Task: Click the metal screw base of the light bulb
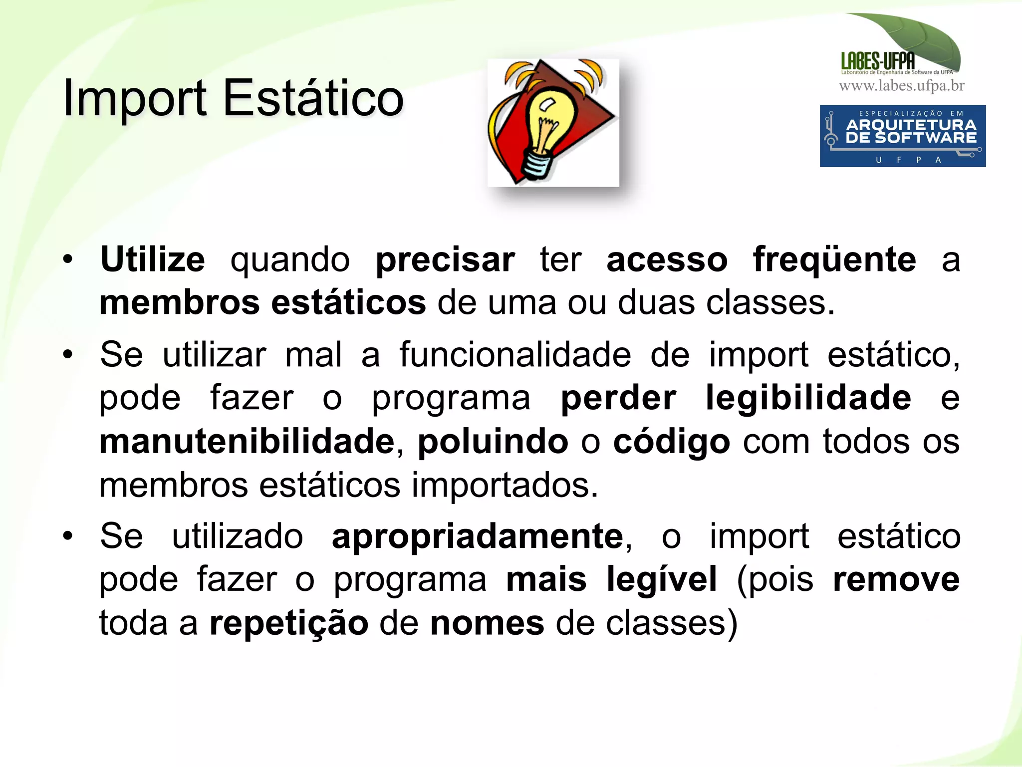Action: coord(538,165)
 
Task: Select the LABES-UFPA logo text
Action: coord(878,61)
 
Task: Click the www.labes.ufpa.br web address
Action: coord(901,86)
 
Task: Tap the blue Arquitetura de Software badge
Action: coord(902,136)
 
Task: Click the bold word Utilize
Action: coord(152,259)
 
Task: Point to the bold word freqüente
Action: coord(834,259)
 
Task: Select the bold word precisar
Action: coord(445,260)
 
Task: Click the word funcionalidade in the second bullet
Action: coord(515,355)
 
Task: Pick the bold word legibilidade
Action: coord(808,398)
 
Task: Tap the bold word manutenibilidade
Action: coord(247,442)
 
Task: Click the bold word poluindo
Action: coord(493,442)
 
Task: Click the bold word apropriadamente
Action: coord(478,537)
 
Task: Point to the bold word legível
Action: coord(662,580)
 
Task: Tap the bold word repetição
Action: coord(289,624)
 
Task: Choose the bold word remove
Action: coord(896,580)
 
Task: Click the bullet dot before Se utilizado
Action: coord(68,536)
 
